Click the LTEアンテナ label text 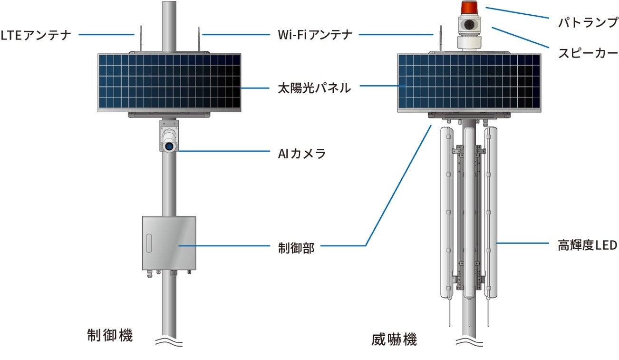click(x=36, y=35)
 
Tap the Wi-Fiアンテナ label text click(x=315, y=35)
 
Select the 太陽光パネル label click(x=314, y=88)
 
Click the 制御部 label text click(x=296, y=247)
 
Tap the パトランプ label click(x=588, y=22)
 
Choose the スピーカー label click(x=588, y=52)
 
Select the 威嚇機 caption click(x=394, y=340)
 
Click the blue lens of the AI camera click(x=169, y=147)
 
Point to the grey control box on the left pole click(x=170, y=243)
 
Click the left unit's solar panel click(x=170, y=82)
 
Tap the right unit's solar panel click(x=469, y=82)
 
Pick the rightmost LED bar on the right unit click(x=490, y=212)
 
